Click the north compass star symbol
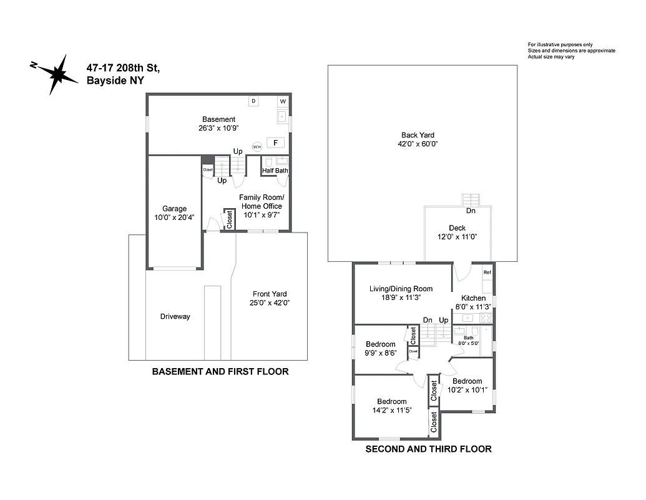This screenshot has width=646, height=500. (60, 74)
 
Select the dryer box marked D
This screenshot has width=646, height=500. (254, 101)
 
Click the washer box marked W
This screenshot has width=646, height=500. (283, 101)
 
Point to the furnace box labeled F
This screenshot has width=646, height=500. (275, 142)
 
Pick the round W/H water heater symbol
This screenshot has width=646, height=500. (257, 147)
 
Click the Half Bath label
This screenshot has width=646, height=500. (275, 171)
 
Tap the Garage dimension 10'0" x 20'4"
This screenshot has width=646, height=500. (174, 217)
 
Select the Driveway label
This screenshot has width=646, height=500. (175, 316)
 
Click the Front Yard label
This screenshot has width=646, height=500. (270, 294)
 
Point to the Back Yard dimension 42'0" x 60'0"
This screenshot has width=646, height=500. (418, 144)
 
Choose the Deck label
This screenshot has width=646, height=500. (458, 228)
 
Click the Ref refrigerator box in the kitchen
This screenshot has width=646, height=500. (487, 272)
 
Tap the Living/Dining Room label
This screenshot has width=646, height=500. (401, 289)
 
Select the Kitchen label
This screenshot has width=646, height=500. (472, 298)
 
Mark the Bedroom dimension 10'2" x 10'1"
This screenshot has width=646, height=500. (467, 390)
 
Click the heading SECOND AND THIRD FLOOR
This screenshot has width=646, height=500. (428, 449)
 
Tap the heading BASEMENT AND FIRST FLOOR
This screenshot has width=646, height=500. (220, 371)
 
